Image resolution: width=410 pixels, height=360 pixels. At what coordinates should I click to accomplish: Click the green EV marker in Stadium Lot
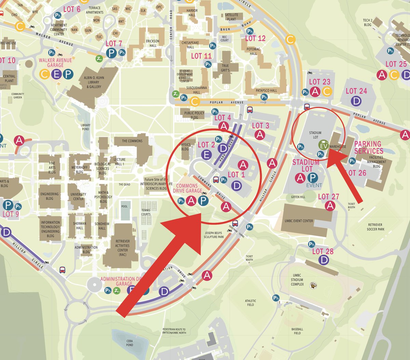click(x=323, y=146)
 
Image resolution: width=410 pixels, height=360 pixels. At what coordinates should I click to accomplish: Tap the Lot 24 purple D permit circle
click(x=356, y=101)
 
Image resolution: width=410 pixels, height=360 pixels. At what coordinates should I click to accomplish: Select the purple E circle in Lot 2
click(x=206, y=155)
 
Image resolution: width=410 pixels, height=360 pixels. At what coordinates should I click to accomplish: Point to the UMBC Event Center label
click(x=299, y=221)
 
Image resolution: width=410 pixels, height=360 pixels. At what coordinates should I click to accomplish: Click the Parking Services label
click(x=368, y=147)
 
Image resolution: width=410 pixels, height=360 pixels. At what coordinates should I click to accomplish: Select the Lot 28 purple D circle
click(x=323, y=260)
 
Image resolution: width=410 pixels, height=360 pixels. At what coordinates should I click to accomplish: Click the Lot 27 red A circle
click(x=330, y=206)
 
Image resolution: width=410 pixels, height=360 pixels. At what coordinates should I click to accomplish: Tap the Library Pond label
click(x=86, y=127)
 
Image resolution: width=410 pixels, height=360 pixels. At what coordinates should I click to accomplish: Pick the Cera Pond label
click(x=129, y=343)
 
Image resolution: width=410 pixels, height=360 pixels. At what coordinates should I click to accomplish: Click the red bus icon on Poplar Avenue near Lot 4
click(x=250, y=110)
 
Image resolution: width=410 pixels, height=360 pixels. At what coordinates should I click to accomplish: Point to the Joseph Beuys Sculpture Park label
click(x=214, y=235)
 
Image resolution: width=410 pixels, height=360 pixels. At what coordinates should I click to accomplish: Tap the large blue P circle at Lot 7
click(x=111, y=53)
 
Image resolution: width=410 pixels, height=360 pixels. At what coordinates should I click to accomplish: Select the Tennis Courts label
click(x=146, y=212)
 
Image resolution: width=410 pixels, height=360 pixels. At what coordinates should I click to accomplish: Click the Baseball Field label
click(x=297, y=331)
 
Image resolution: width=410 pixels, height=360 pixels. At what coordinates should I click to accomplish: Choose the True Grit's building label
click(x=225, y=68)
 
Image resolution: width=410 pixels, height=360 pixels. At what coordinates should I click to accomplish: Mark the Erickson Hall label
click(x=153, y=43)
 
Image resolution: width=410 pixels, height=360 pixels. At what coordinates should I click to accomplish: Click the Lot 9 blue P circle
click(x=8, y=205)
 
